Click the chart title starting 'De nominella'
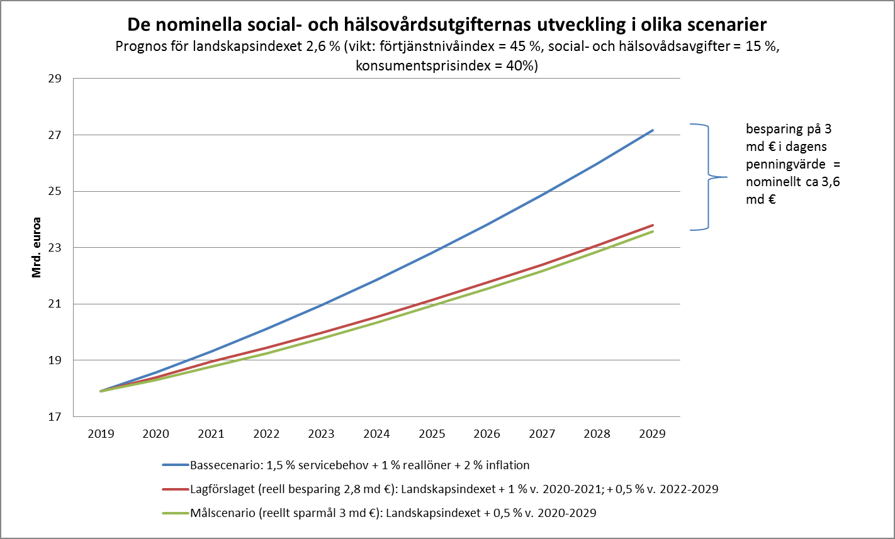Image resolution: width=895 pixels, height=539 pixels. [x=447, y=25]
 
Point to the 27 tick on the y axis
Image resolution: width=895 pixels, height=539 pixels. [x=54, y=135]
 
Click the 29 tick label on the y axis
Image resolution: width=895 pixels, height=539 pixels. [x=54, y=79]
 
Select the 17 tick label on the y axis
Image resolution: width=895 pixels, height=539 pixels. [x=54, y=416]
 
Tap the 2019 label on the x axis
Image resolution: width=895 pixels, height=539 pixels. [x=101, y=434]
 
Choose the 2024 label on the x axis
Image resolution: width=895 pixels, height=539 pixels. [x=376, y=434]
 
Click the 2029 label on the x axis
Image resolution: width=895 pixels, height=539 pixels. [x=652, y=434]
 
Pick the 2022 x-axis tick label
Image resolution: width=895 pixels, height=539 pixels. [x=266, y=434]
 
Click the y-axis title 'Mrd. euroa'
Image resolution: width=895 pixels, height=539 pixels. [x=37, y=248]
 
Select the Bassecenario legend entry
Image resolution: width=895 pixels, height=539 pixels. [x=359, y=465]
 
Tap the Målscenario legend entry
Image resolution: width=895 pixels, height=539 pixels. [x=393, y=513]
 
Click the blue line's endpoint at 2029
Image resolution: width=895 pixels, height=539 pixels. [x=653, y=130]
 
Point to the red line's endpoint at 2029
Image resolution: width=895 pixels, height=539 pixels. [x=653, y=225]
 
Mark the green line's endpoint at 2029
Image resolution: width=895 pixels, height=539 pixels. [x=653, y=231]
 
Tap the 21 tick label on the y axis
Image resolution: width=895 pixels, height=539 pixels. [x=54, y=304]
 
